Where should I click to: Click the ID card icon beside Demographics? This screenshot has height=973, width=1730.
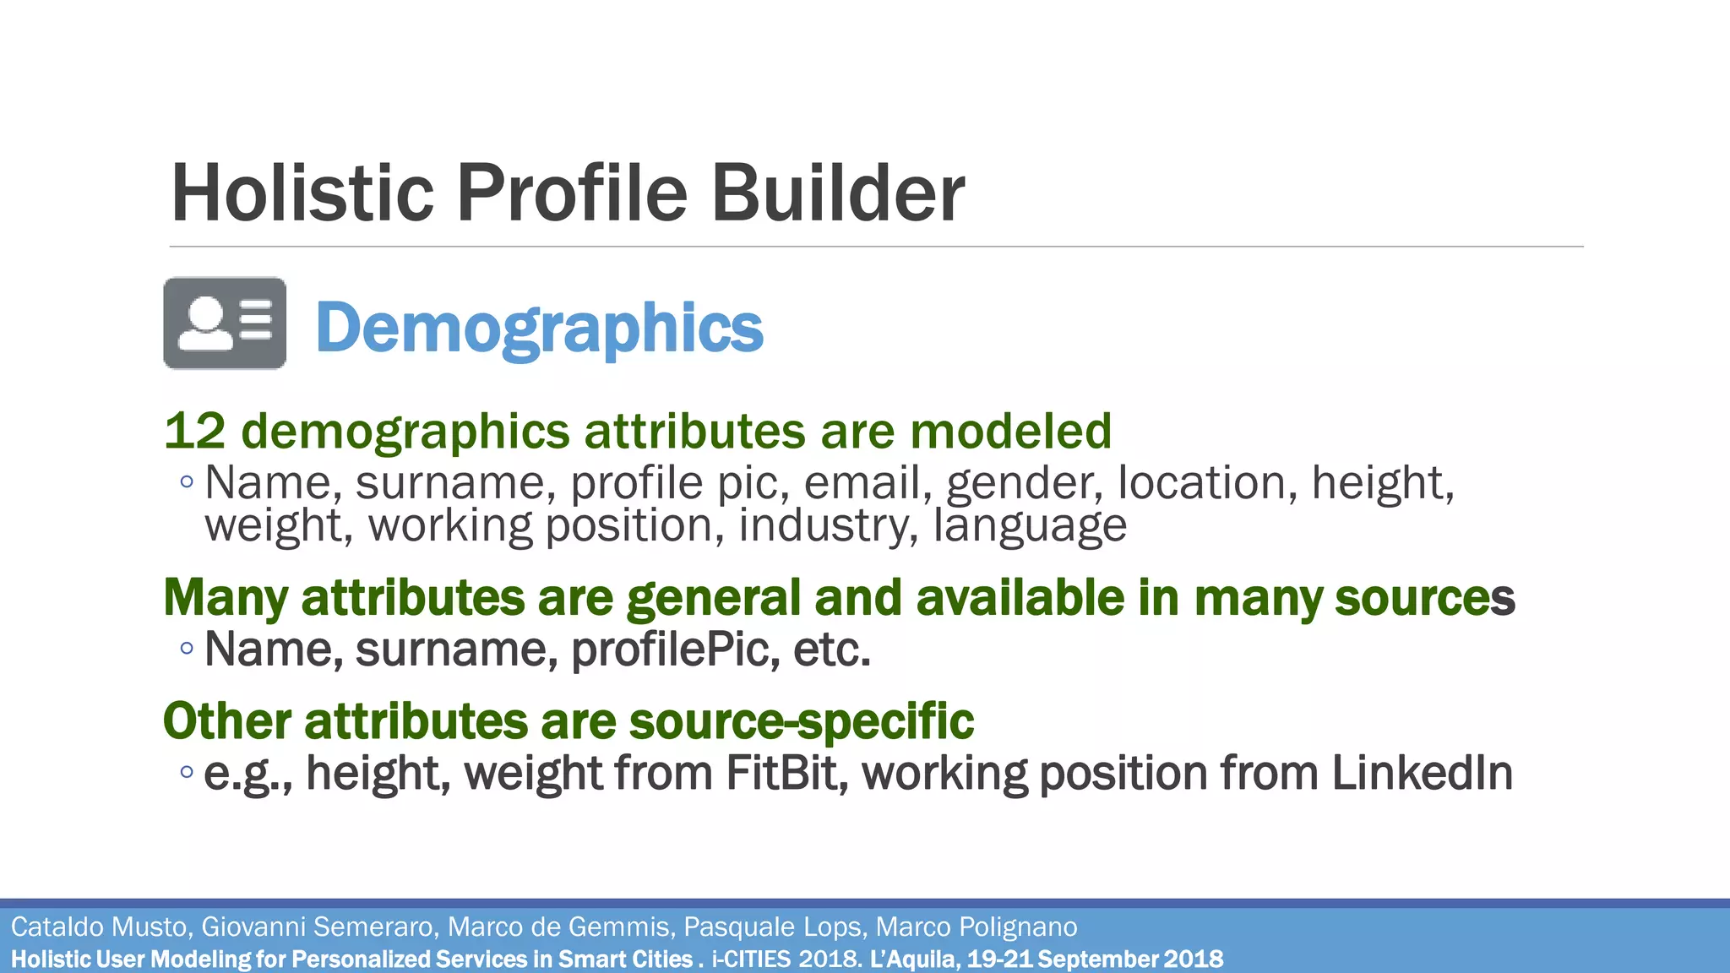(x=225, y=323)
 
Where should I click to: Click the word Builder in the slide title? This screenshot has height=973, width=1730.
(x=837, y=193)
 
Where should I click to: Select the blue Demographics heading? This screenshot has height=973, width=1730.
(x=539, y=328)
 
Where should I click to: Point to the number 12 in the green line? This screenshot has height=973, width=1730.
(x=195, y=431)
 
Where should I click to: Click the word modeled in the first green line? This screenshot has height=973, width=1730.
(x=1010, y=431)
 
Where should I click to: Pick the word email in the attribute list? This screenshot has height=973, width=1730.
(x=862, y=483)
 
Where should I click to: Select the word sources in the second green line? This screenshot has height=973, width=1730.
(x=1424, y=598)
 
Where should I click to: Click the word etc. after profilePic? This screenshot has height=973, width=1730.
(x=831, y=650)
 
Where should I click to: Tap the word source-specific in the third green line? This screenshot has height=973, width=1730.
(x=801, y=721)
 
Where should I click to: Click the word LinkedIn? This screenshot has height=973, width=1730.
(x=1422, y=773)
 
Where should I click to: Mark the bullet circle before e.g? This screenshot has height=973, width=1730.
(x=187, y=772)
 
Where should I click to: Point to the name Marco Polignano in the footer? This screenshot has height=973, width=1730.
(x=977, y=927)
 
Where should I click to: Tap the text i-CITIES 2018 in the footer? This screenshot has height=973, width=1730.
(x=786, y=959)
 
